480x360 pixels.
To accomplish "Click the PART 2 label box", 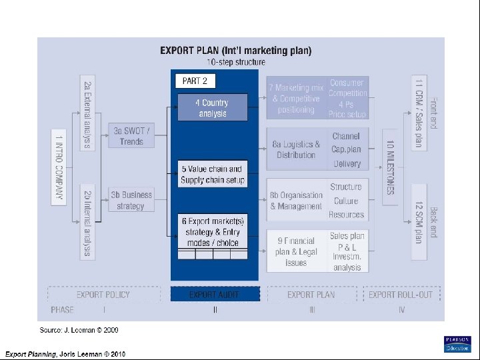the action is (195, 81).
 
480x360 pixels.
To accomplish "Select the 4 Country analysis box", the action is (212, 108).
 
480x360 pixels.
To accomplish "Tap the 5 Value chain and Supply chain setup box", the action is (212, 175).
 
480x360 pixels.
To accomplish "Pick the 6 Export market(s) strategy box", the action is (212, 231).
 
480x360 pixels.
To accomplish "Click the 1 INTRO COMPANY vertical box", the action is (59, 167).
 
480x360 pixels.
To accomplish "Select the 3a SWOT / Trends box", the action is (131, 137).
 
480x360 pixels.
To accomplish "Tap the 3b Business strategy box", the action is (131, 200).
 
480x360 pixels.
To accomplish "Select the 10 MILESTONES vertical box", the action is (390, 167).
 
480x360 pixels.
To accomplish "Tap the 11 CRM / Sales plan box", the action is (418, 113).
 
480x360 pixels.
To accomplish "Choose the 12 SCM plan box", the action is (418, 223).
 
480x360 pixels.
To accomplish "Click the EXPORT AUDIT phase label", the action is (214, 294).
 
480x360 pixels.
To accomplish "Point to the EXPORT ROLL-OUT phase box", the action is (401, 294).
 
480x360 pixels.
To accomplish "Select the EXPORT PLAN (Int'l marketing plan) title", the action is (235, 51).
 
